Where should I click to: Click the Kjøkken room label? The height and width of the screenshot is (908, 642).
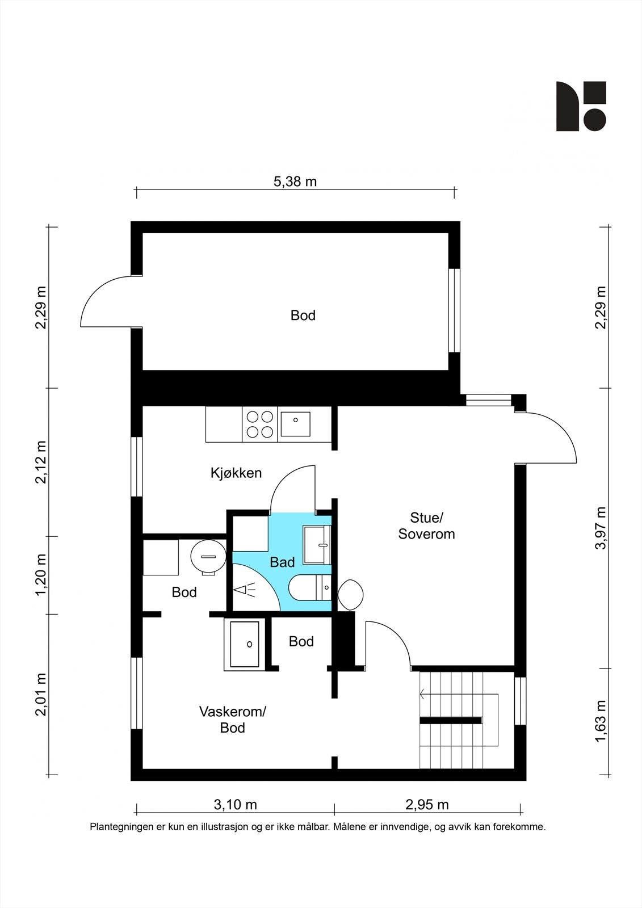coord(236,473)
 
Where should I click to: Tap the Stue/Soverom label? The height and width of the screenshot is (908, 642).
coord(426,526)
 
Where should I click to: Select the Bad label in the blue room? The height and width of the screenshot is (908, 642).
coord(282,562)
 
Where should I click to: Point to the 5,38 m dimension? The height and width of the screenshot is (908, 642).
coord(295,182)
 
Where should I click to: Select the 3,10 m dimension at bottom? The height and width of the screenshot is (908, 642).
coord(235,805)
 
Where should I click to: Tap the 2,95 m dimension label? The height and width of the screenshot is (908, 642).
coord(427,805)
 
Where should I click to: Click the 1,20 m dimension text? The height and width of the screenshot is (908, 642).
coord(41,575)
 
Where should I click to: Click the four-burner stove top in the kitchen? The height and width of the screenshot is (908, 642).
coord(260,424)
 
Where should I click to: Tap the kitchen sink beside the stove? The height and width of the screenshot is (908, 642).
coord(296,424)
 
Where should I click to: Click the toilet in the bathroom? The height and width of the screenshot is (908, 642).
coord(310,587)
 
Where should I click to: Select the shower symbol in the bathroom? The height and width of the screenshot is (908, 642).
coord(245,590)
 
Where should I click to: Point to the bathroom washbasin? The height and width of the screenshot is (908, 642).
coord(317,545)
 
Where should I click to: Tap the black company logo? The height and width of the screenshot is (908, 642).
coord(581,106)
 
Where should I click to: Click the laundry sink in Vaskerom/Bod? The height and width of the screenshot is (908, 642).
coord(245,645)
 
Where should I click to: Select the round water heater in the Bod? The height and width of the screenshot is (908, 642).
coord(208,557)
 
